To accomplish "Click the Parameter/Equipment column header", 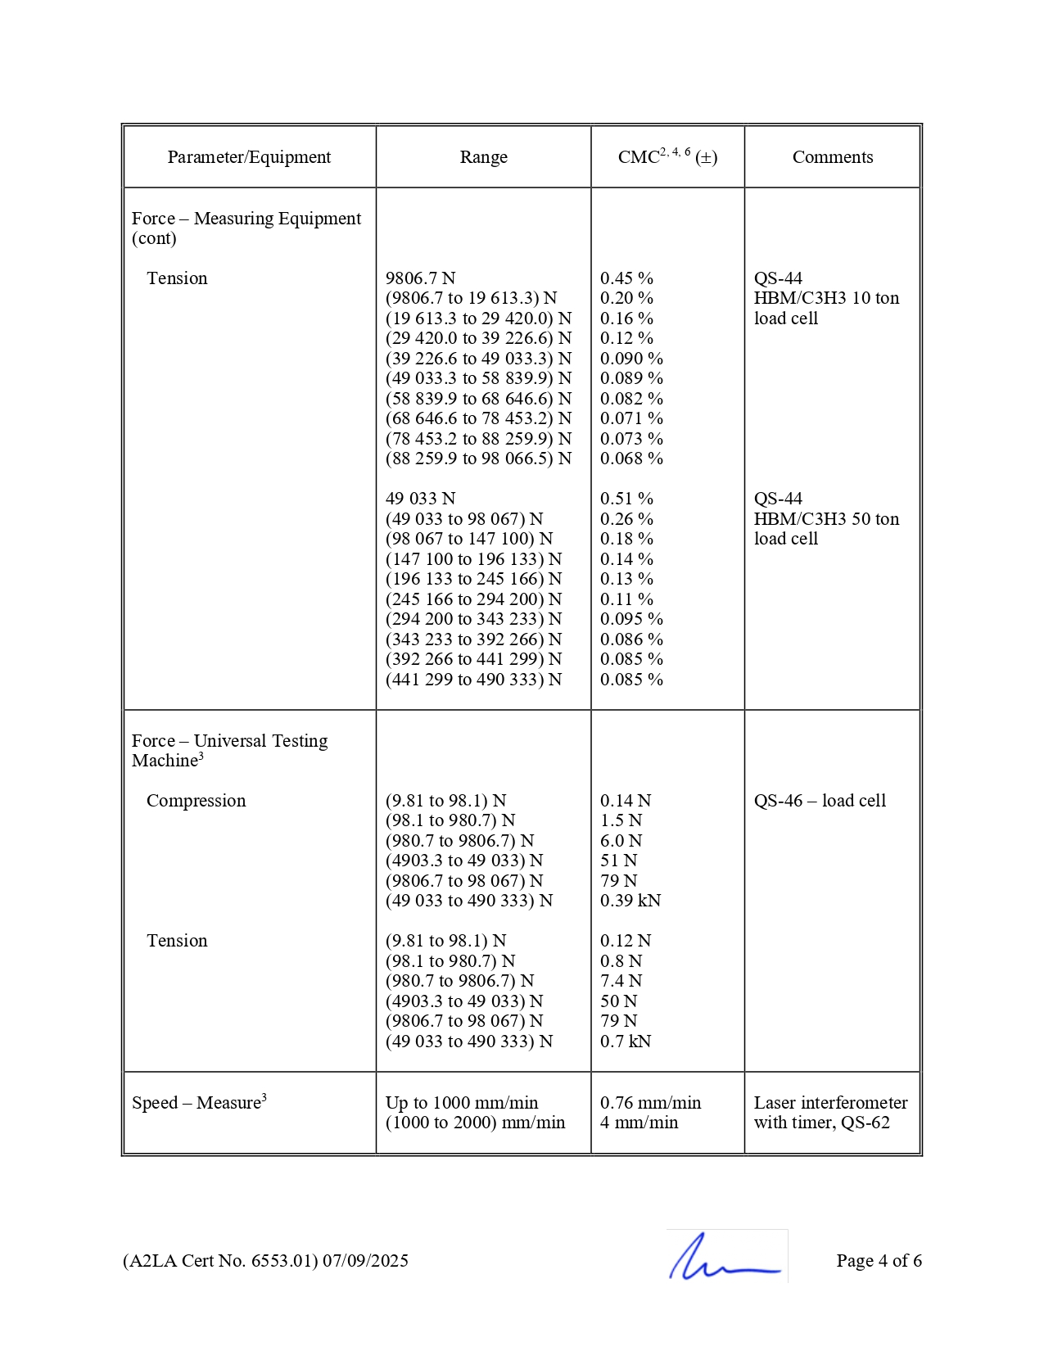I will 249,157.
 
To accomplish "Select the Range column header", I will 483,157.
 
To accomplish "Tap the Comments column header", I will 832,157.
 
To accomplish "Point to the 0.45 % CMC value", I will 626,278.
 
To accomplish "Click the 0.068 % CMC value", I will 631,459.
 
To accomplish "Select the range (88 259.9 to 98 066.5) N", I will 478,459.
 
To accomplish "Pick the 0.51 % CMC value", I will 626,499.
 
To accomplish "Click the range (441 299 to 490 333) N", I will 473,680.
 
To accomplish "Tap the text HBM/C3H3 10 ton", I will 826,298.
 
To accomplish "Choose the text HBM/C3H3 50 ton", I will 826,519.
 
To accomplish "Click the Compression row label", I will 196,801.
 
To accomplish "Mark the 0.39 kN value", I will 630,901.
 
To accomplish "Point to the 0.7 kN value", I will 626,1041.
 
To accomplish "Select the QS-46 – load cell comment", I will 820,801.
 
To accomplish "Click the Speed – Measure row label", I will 199,1103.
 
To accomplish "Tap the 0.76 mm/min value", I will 650,1103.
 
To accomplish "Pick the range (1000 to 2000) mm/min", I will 475,1123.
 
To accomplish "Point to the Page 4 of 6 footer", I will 879,1261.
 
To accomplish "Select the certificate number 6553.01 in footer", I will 282,1261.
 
